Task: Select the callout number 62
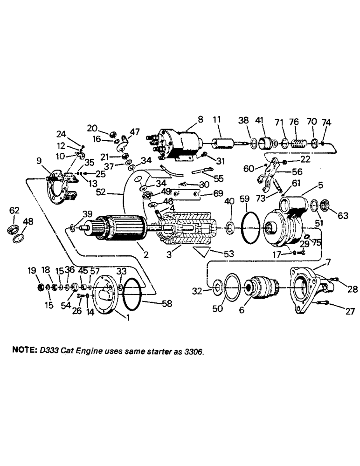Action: coord(14,211)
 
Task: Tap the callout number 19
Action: coord(31,270)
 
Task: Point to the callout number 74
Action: coord(326,123)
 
